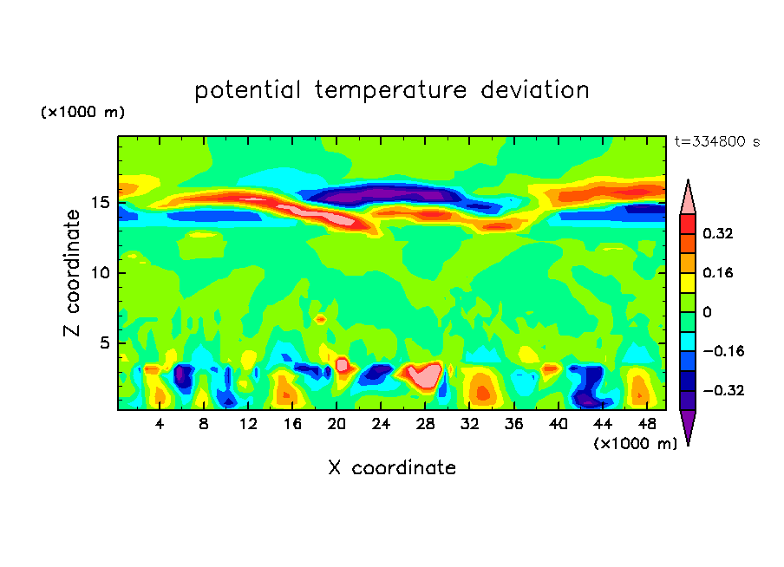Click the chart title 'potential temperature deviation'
coord(392,90)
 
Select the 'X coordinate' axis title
coord(392,468)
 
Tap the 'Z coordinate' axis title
coord(73,273)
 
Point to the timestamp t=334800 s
coord(716,141)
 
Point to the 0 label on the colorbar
coord(707,312)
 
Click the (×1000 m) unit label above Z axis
coord(83,113)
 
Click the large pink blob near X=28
coord(422,375)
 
